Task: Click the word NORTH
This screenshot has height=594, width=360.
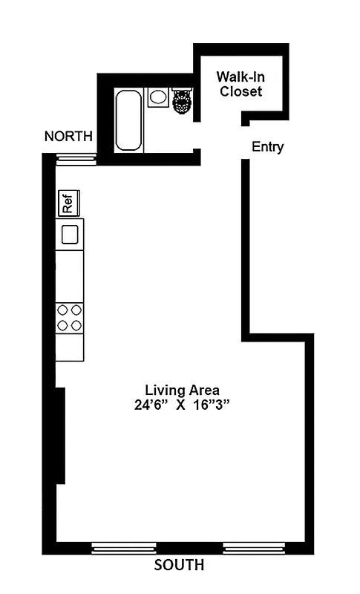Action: [x=68, y=136]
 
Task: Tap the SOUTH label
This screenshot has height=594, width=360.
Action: [x=179, y=566]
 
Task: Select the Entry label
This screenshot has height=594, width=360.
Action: [x=267, y=147]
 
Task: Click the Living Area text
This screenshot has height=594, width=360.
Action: [x=182, y=390]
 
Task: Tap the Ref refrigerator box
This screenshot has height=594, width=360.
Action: [x=68, y=203]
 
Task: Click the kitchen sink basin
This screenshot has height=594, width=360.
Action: [x=70, y=235]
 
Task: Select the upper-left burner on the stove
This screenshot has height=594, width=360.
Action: [x=63, y=310]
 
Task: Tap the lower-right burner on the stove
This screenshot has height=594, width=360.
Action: [x=76, y=324]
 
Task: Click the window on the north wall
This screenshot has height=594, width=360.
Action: [x=76, y=157]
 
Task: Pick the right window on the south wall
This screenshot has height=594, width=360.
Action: [x=254, y=549]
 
